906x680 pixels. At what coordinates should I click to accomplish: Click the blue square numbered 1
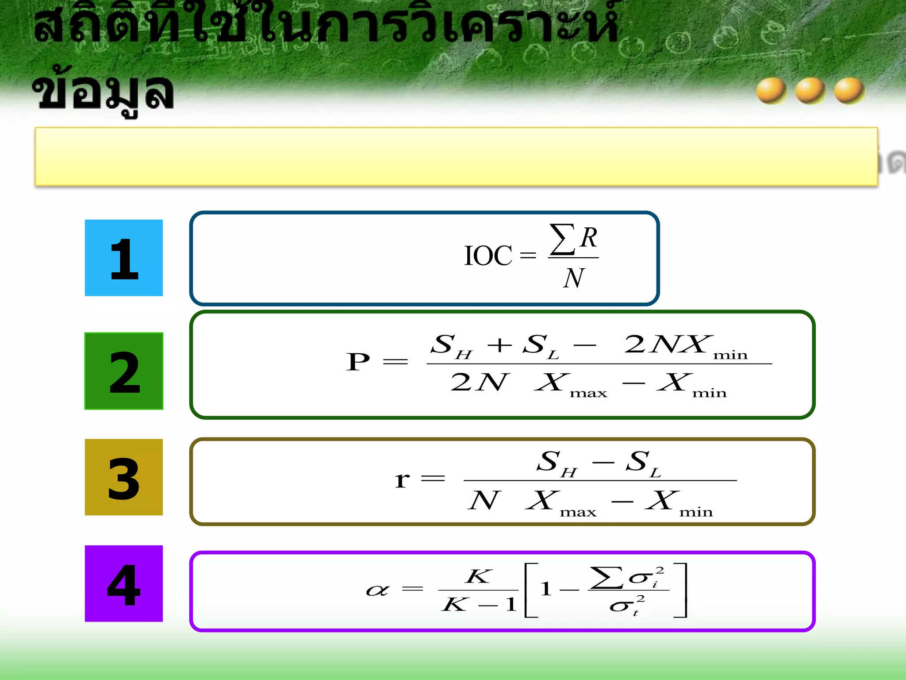pos(124,258)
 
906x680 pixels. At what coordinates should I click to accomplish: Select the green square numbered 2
pos(124,371)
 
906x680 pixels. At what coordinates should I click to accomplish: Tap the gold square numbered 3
pos(124,477)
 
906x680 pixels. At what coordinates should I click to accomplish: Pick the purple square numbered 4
pos(124,583)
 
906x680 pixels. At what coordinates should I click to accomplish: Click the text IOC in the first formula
pos(488,256)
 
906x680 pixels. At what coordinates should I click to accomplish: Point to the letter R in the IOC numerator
pos(589,238)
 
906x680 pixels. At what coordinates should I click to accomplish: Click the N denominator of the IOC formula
pos(574,278)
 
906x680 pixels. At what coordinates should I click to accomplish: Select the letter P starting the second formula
pos(358,362)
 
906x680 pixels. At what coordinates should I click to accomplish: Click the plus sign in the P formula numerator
pos(499,344)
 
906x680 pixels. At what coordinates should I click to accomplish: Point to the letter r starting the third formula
pos(402,479)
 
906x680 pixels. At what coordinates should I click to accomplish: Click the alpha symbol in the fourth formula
pos(377,590)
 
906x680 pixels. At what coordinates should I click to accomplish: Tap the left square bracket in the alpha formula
pos(530,590)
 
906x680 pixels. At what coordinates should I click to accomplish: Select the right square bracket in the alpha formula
pos(681,590)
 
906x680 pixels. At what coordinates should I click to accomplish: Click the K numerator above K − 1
pos(478,576)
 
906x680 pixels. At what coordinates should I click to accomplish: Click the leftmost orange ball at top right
pos(771,90)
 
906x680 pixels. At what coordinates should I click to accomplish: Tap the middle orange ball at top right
pos(810,90)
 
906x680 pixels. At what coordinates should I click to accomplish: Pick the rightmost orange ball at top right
pos(848,90)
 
